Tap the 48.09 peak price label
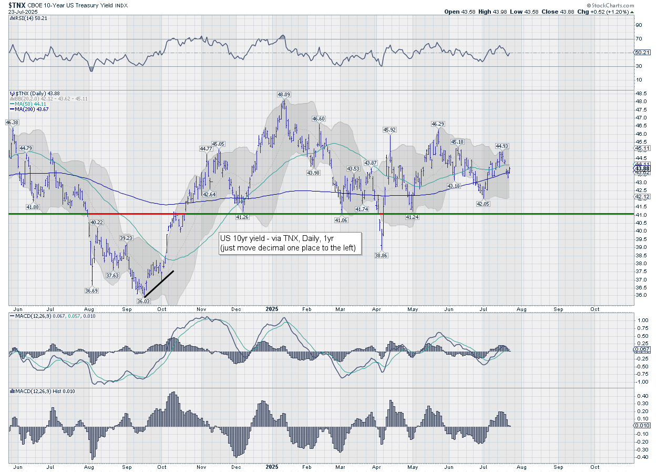coord(284,95)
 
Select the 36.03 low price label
coord(143,301)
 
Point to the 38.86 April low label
coord(381,255)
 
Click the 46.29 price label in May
coord(438,124)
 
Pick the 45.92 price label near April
coord(389,129)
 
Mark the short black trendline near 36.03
coord(159,284)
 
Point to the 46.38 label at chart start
coord(12,122)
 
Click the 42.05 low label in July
coord(483,204)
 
